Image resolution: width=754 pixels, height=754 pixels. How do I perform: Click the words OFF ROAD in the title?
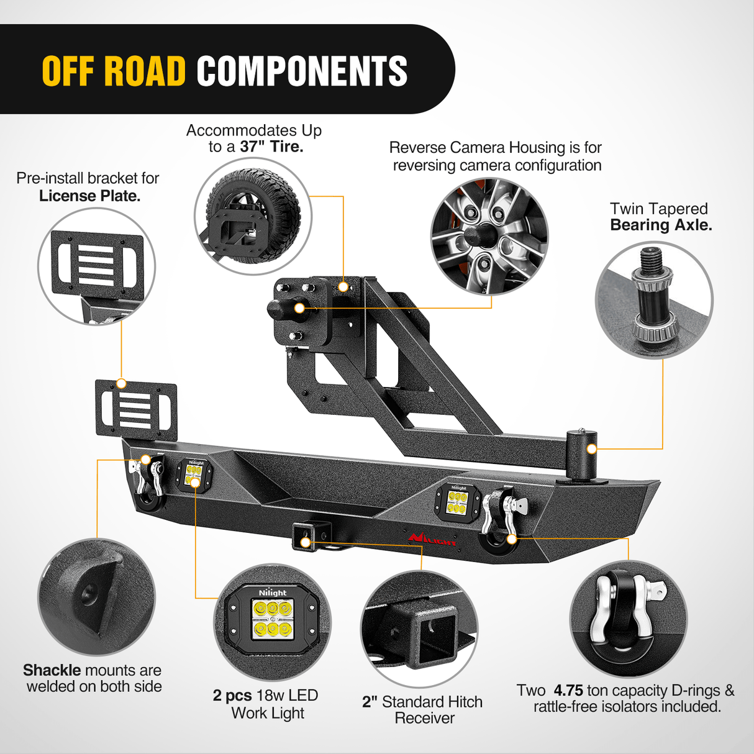tap(114, 71)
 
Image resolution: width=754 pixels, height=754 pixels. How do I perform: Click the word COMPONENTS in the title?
tap(302, 71)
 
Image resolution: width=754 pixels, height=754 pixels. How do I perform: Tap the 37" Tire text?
tap(271, 147)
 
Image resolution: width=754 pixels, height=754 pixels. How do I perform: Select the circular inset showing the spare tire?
tap(253, 216)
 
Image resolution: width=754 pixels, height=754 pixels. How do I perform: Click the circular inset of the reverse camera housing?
tap(489, 236)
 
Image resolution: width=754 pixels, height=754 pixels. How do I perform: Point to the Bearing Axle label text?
tap(661, 225)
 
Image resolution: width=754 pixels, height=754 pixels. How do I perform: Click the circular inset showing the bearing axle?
tap(654, 301)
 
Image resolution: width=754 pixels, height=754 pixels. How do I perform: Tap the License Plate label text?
tap(89, 196)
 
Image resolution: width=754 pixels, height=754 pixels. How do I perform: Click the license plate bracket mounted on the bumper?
tap(135, 409)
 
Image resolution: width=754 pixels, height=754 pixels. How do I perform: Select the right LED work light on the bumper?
tap(458, 501)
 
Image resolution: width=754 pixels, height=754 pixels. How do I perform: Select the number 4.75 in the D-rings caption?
tap(568, 691)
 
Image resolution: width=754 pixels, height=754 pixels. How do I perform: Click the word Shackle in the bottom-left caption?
tap(52, 670)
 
